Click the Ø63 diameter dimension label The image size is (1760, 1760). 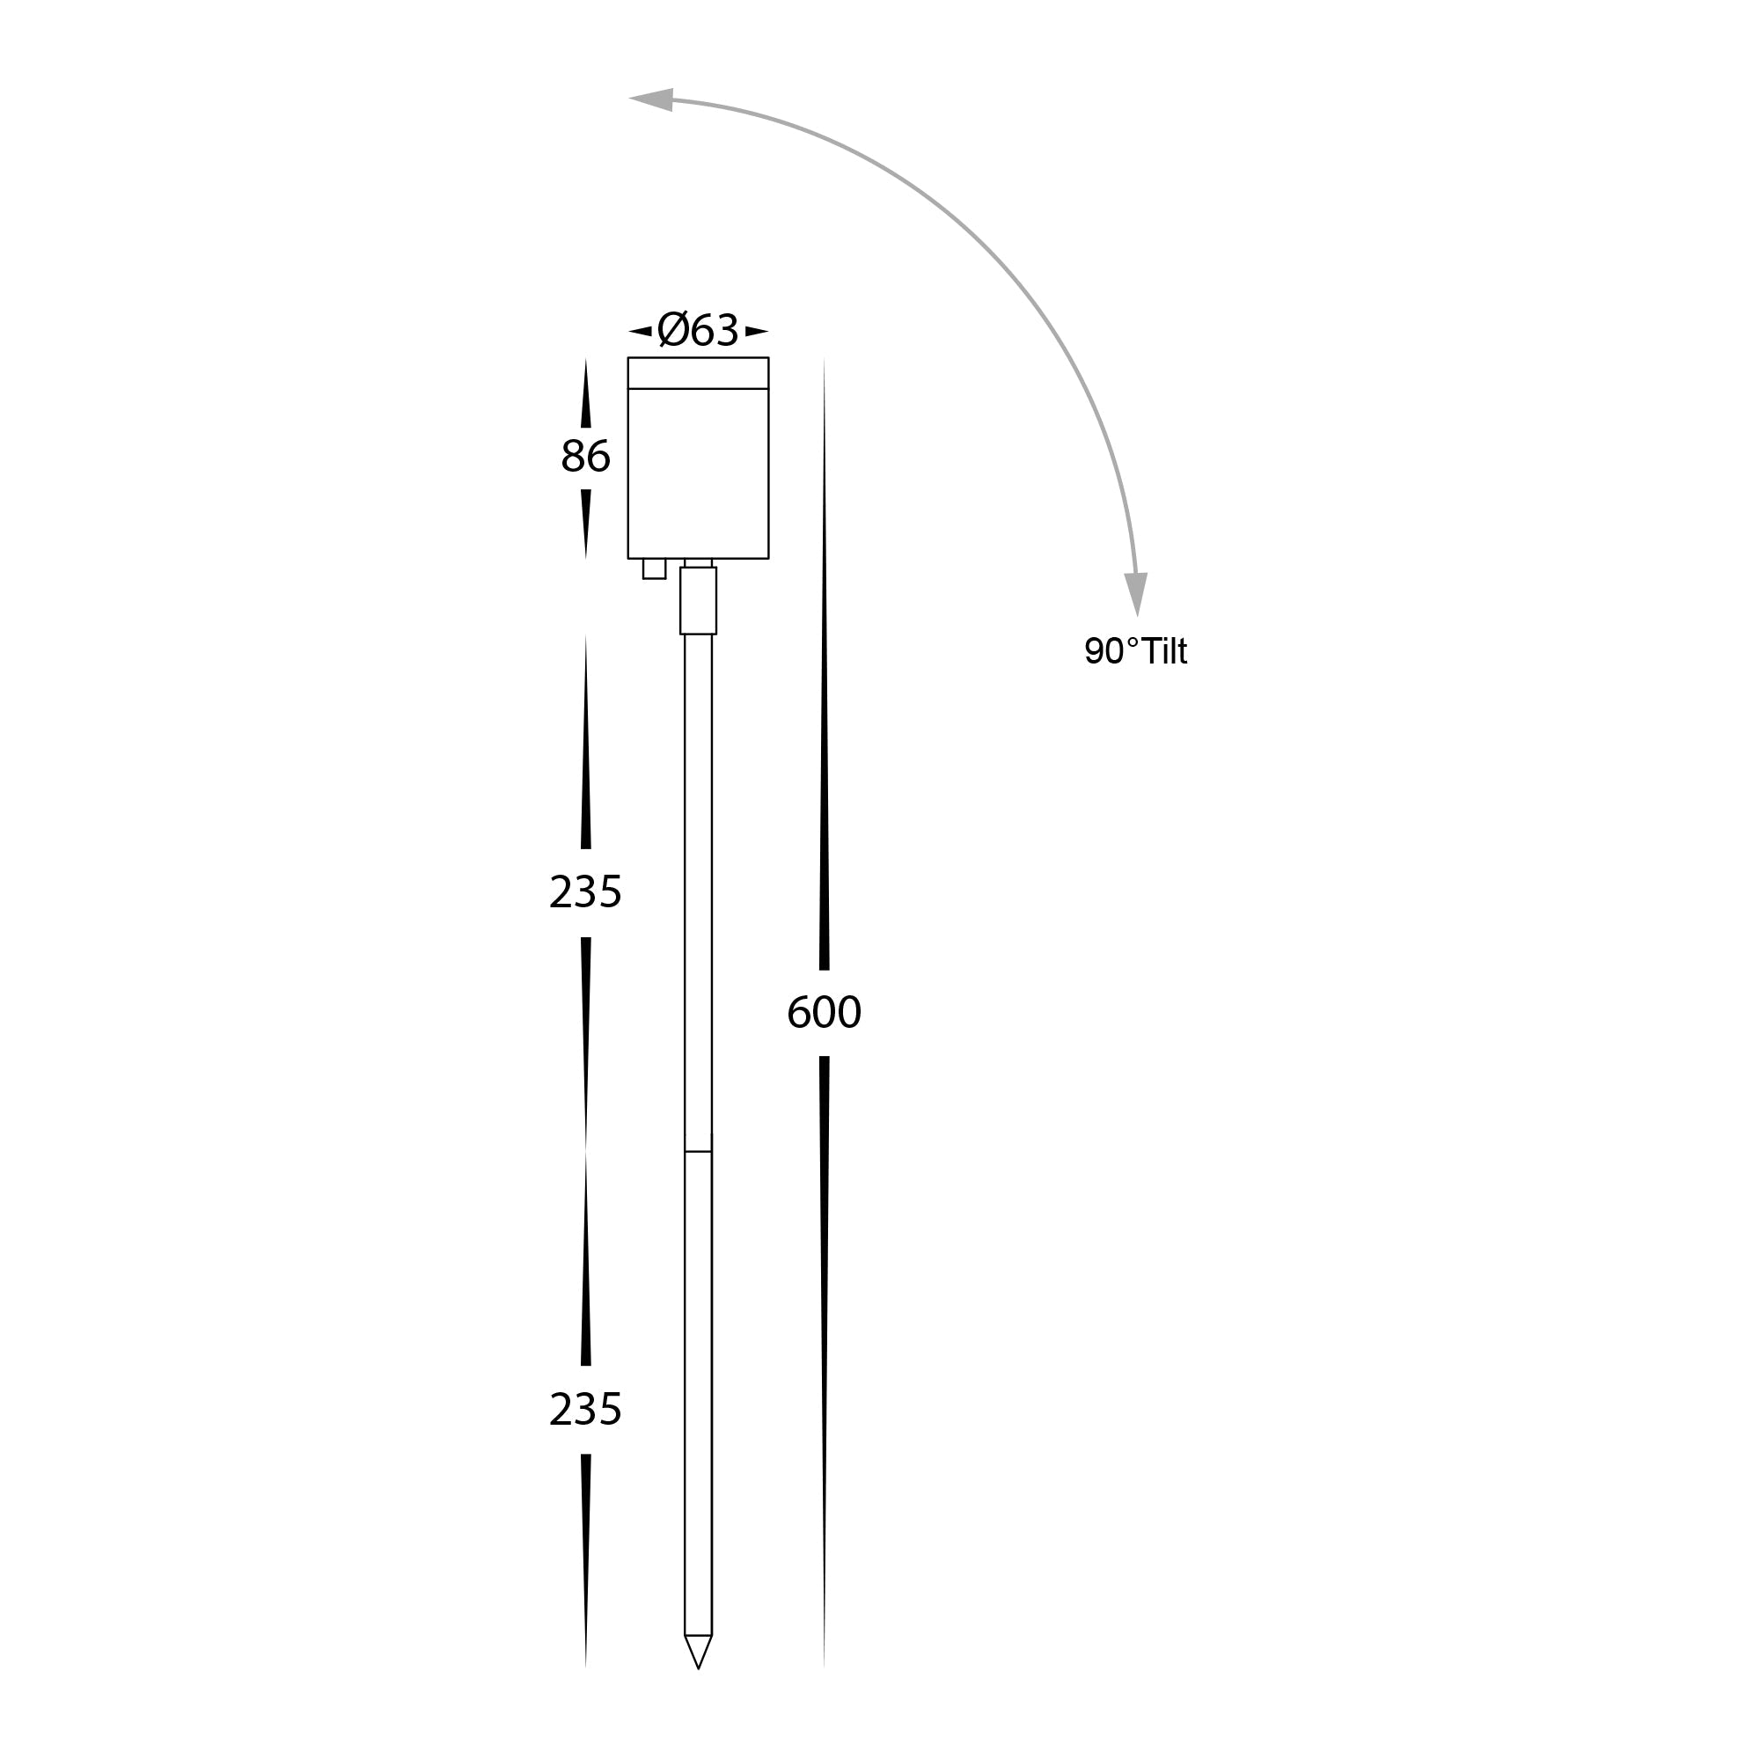(x=698, y=330)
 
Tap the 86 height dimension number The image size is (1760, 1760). (x=586, y=457)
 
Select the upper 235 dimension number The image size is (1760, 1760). (x=586, y=891)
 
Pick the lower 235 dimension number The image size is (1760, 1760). (x=586, y=1409)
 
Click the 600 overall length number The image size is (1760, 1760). (x=824, y=1012)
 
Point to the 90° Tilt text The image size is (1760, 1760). (x=1136, y=650)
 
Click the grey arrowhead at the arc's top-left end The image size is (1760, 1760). (x=651, y=99)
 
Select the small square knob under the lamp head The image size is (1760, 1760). (x=654, y=568)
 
